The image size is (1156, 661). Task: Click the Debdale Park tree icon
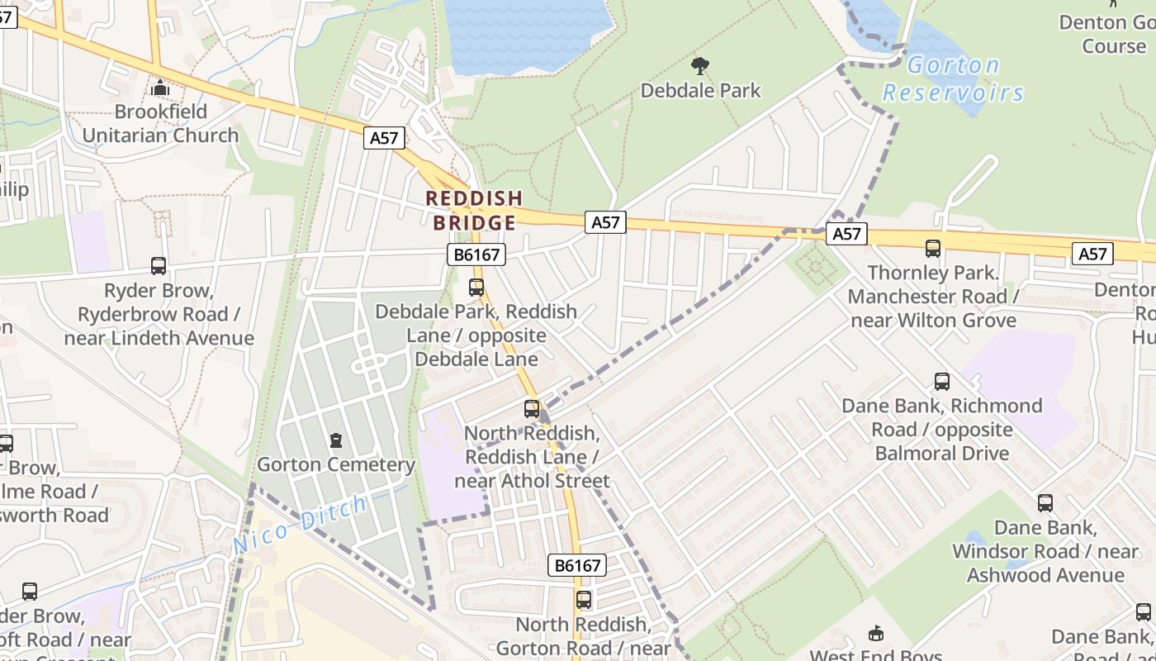700,65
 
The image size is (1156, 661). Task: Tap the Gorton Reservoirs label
953,78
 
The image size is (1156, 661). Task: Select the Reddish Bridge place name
474,210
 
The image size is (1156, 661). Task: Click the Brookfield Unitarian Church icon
160,87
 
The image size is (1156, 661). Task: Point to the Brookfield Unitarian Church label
160,123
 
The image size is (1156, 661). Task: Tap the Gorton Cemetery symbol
336,440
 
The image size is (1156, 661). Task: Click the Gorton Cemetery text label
336,464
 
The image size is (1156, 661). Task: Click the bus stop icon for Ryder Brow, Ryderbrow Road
159,265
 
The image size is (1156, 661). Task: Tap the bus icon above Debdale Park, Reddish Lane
476,287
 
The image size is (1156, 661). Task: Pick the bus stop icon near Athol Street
532,408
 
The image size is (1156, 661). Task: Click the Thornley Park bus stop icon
933,248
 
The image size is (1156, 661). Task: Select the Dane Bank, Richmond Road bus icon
942,381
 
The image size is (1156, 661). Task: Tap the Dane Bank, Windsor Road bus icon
1045,502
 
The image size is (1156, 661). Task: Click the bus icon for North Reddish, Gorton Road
584,599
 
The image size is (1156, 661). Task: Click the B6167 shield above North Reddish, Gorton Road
577,565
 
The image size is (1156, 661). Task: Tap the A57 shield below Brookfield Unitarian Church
384,138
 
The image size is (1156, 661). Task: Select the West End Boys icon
876,633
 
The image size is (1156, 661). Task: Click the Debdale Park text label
700,90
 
